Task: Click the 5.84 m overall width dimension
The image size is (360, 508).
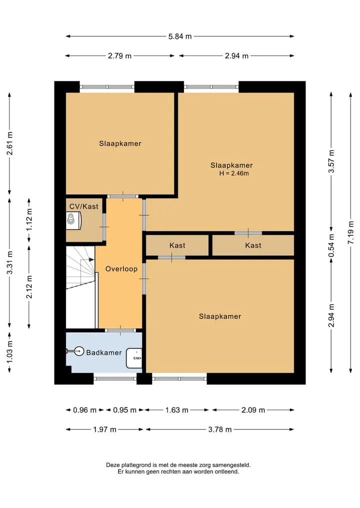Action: click(x=179, y=36)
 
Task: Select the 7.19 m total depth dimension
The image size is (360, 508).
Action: click(x=350, y=233)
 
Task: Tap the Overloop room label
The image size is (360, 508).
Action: click(x=121, y=269)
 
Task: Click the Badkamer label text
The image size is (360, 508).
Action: click(x=104, y=353)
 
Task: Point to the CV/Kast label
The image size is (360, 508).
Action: click(x=83, y=206)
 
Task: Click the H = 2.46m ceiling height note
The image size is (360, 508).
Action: click(x=234, y=173)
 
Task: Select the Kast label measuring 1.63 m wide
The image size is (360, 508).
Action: click(x=177, y=245)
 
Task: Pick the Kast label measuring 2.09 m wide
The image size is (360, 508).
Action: click(x=253, y=245)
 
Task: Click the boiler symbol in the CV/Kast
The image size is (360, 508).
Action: click(x=73, y=220)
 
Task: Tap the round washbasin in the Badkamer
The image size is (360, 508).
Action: click(x=79, y=351)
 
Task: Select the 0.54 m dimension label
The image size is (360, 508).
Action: click(x=331, y=246)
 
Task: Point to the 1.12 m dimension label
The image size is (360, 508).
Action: click(x=29, y=219)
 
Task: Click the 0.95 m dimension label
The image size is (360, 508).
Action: click(x=124, y=410)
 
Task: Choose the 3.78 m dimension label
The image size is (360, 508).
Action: click(x=220, y=430)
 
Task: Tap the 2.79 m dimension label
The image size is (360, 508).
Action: click(x=119, y=56)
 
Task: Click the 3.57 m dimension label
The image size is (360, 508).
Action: click(x=331, y=161)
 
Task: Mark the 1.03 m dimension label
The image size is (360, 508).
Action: click(x=9, y=351)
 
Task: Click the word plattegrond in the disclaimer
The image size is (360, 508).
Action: click(x=134, y=465)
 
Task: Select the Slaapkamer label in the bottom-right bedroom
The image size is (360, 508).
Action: click(x=220, y=317)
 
